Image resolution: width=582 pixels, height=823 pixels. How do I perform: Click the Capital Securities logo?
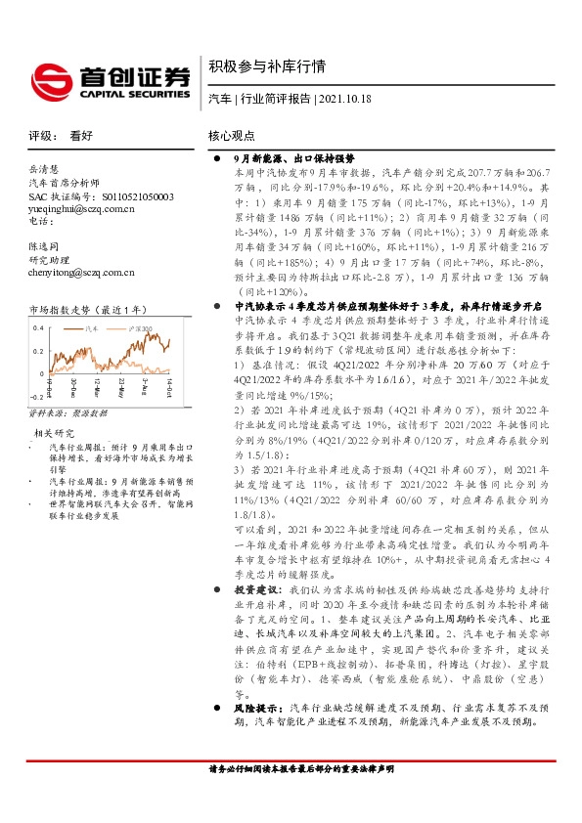108,76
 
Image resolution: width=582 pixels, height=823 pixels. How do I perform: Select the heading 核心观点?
231,137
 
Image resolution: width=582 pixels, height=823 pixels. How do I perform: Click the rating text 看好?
82,137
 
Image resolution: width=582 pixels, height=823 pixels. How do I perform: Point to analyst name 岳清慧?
44,168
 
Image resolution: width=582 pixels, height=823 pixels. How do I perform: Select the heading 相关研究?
55,431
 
